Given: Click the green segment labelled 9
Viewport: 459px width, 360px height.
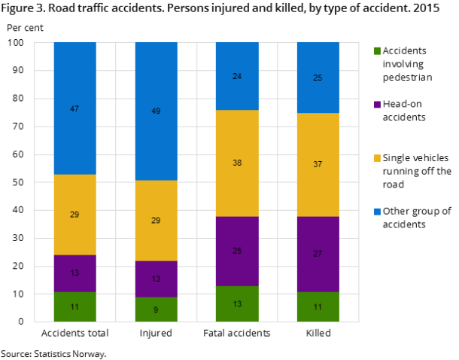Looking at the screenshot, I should [x=156, y=310].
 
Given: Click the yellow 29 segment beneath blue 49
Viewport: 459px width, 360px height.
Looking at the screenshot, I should [x=156, y=220].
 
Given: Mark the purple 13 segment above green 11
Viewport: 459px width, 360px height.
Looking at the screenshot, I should [x=74, y=273].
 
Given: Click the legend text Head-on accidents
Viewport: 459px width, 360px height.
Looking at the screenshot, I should [x=404, y=111].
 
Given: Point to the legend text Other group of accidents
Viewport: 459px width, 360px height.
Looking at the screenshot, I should [x=416, y=218].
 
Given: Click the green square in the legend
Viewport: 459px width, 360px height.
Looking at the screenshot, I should [x=376, y=51].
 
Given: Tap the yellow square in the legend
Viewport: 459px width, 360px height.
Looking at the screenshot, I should [x=376, y=158].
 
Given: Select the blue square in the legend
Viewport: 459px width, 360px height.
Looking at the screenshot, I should [x=376, y=212].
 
